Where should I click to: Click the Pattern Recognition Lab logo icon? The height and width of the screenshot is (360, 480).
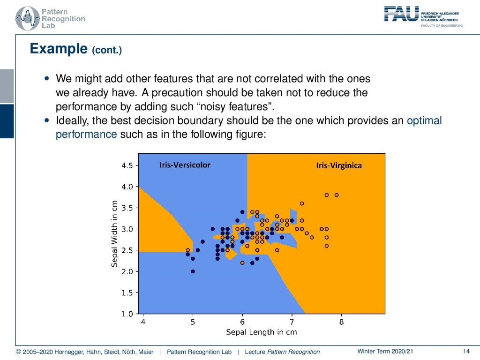click(28, 18)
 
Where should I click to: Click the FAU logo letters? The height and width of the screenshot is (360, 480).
click(401, 14)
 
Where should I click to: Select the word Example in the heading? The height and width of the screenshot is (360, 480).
click(59, 49)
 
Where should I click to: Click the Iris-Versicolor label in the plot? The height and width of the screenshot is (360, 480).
click(185, 165)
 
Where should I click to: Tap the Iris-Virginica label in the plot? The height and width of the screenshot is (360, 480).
click(339, 165)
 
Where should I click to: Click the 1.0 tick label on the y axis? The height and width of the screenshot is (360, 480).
click(127, 314)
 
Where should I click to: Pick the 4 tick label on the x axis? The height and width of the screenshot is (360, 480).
click(143, 322)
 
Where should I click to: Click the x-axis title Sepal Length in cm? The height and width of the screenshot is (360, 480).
click(262, 332)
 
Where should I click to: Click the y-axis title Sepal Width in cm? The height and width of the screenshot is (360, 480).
click(114, 233)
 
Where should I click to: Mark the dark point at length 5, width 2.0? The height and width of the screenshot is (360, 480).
click(193, 271)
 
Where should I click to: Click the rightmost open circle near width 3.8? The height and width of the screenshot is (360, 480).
click(337, 195)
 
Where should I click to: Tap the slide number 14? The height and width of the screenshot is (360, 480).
click(466, 352)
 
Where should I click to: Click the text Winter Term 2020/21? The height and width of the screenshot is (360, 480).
click(385, 352)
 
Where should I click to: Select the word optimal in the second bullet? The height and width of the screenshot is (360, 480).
click(424, 120)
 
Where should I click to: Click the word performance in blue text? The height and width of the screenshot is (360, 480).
click(86, 135)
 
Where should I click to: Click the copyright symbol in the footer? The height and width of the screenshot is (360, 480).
click(18, 352)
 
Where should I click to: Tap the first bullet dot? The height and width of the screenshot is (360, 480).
click(46, 79)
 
